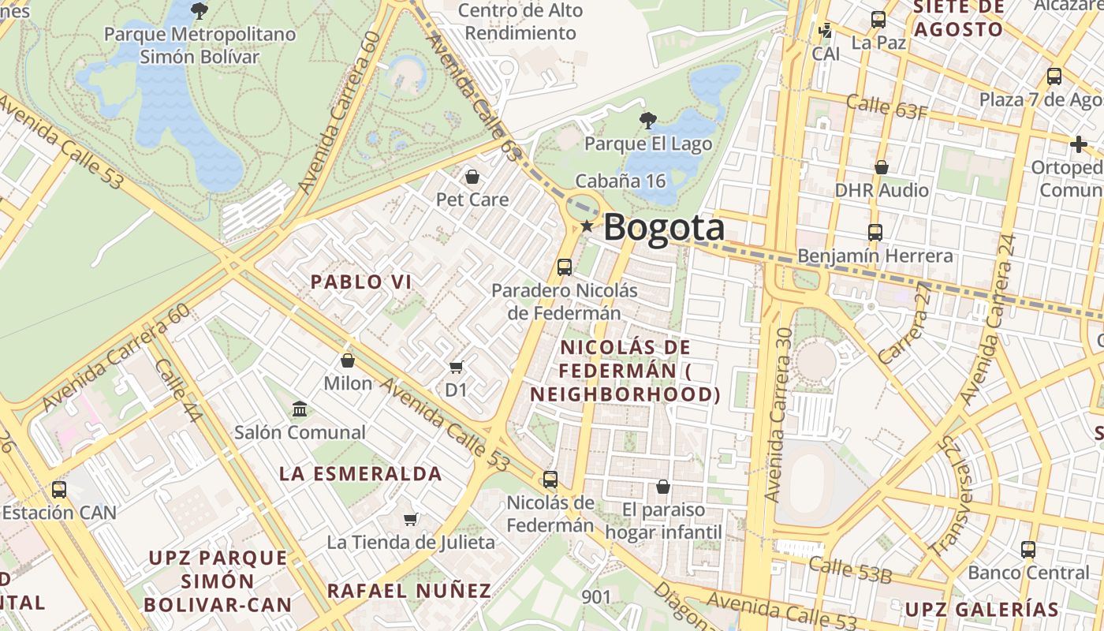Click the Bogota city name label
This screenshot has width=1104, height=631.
coord(664,228)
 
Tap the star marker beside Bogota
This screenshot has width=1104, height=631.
coord(587,226)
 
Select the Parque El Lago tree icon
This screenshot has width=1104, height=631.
coord(647,121)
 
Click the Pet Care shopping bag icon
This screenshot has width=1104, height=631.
coord(472,176)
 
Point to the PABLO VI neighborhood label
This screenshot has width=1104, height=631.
coord(361,282)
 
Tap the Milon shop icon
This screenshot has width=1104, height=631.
coord(348,360)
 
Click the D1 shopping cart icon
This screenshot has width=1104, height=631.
coord(456,367)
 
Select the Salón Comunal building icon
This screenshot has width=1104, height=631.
coord(300,409)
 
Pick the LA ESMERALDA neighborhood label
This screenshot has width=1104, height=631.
coord(360,474)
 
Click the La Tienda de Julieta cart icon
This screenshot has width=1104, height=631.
coord(410,519)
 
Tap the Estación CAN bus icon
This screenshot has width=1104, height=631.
coord(58,489)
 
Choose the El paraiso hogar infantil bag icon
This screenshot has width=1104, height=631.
coord(663,486)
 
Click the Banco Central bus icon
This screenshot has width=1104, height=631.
coord(1028,549)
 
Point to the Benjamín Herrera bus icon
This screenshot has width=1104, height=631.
coord(875,233)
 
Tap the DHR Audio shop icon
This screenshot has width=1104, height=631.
coord(882,167)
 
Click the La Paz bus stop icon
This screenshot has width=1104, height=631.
coord(878,20)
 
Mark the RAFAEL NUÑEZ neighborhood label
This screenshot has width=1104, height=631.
coord(409,591)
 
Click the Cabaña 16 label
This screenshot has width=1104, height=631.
coord(621,181)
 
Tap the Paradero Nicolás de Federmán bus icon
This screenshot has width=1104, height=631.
coord(565,267)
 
